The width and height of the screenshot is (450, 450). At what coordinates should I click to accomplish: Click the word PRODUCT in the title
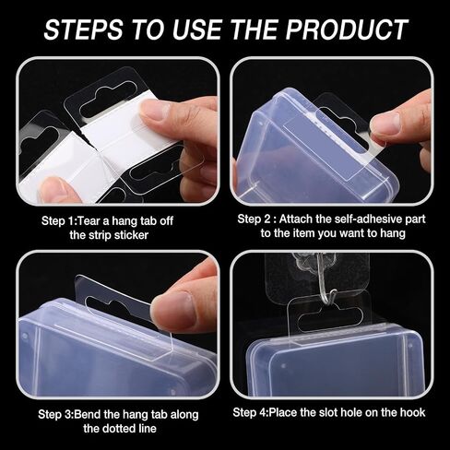click(x=347, y=30)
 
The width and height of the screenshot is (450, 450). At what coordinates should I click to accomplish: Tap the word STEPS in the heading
click(x=83, y=30)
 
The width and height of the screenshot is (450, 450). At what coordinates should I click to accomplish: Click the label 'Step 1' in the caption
click(x=58, y=221)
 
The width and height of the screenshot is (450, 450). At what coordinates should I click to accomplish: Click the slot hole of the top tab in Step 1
click(x=109, y=99)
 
